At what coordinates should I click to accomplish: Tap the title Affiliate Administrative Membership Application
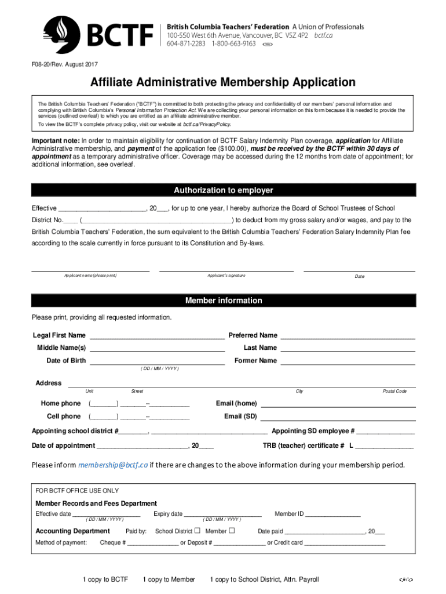(x=222, y=82)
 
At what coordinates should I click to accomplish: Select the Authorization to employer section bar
(x=223, y=190)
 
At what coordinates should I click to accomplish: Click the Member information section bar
(x=223, y=300)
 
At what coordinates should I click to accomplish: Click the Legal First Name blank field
(x=156, y=336)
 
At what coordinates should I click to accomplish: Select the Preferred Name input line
(x=348, y=336)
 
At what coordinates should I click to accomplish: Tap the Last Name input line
(x=348, y=349)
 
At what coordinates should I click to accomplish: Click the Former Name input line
(x=348, y=361)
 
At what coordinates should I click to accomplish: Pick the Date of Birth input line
(x=156, y=361)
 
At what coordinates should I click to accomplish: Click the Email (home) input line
(x=338, y=404)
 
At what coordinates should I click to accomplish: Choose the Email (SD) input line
(x=338, y=417)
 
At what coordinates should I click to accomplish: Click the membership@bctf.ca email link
(x=114, y=465)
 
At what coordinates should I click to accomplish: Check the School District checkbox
(x=198, y=531)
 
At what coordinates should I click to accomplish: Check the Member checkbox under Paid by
(x=232, y=531)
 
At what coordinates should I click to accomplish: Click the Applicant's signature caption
(x=226, y=275)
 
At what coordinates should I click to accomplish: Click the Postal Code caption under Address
(x=394, y=391)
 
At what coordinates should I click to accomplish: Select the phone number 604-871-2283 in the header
(x=187, y=44)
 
